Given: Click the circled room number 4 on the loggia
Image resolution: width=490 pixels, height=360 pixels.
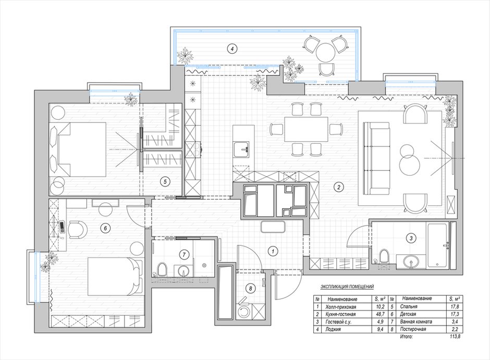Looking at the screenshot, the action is pyautogui.click(x=231, y=48).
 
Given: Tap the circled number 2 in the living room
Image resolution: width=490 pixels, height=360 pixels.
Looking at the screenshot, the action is pyautogui.click(x=338, y=188).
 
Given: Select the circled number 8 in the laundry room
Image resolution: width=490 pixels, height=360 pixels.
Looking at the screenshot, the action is pyautogui.click(x=250, y=289).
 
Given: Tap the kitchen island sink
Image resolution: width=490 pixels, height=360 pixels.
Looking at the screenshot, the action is pyautogui.click(x=242, y=149).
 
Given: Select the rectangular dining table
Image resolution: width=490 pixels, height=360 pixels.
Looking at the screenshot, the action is pyautogui.click(x=306, y=129).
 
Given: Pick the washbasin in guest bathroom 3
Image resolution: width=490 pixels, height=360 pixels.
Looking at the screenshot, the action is pyautogui.click(x=411, y=262).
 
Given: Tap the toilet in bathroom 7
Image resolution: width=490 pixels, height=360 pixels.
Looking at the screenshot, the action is pyautogui.click(x=162, y=269).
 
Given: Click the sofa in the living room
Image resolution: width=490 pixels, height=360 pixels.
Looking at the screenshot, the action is pyautogui.click(x=376, y=158).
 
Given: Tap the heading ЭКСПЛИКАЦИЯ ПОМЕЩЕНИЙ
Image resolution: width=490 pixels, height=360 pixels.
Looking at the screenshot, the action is pyautogui.click(x=347, y=287).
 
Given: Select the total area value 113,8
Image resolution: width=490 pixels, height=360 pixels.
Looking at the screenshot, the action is pyautogui.click(x=455, y=337).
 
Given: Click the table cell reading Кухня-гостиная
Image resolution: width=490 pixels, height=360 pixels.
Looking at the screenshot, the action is pyautogui.click(x=340, y=314).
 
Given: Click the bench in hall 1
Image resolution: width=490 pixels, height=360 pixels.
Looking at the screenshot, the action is pyautogui.click(x=273, y=227).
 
